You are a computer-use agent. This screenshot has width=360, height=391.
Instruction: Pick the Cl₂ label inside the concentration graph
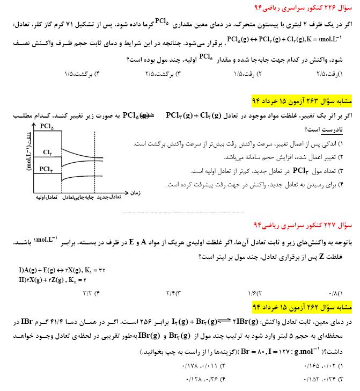47,152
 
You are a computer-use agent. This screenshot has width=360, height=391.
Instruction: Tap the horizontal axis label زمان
135,192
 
